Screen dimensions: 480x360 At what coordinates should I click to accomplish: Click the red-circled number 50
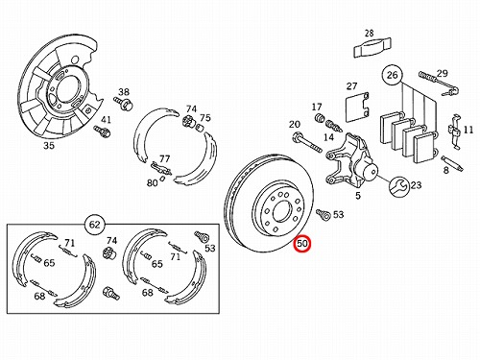[302, 244]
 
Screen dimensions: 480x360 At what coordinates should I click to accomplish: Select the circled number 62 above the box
[95, 225]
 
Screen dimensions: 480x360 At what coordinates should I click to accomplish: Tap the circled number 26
[392, 75]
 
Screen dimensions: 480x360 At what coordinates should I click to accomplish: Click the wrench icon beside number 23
[398, 186]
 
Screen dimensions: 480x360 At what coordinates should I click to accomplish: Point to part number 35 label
[49, 146]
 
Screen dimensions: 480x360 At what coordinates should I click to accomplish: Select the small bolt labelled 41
[102, 131]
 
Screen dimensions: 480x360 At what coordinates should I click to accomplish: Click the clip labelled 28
[372, 48]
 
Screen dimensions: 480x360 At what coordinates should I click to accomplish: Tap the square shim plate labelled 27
[357, 107]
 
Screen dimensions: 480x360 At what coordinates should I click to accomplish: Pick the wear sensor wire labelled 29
[439, 84]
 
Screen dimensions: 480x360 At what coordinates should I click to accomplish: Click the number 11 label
[468, 130]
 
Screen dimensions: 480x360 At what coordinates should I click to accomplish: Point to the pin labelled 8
[451, 163]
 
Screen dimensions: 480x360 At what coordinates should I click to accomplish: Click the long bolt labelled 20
[306, 143]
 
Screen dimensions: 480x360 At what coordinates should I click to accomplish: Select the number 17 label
[317, 107]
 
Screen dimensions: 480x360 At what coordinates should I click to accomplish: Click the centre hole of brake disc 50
[280, 211]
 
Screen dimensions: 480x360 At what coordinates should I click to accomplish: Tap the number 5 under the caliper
[358, 195]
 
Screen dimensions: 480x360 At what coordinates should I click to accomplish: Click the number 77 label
[164, 158]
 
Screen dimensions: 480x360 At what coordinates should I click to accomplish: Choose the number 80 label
[152, 182]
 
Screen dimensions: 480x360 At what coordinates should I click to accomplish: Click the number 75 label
[205, 118]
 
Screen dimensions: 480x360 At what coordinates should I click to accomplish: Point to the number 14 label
[328, 137]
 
